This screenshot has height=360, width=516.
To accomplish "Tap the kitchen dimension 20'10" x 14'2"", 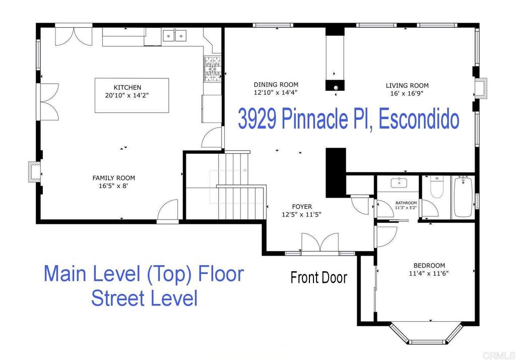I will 127,95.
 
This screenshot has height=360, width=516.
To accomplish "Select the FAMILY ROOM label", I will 113,178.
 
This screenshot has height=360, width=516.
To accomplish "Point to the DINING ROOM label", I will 276,85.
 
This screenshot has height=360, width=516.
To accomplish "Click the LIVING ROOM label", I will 407,85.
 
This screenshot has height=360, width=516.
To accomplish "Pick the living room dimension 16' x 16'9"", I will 407,93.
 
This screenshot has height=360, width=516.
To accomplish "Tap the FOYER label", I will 302,206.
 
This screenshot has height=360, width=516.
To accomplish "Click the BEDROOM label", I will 429,266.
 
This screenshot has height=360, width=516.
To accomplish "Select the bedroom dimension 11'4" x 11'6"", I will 429,273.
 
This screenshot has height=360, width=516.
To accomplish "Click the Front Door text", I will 319,277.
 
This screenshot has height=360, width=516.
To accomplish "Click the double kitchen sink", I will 174,35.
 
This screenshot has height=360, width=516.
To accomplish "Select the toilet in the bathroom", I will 436,187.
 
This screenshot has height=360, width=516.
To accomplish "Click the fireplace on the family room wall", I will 34,171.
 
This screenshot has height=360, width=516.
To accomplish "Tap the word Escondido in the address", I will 418,120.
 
